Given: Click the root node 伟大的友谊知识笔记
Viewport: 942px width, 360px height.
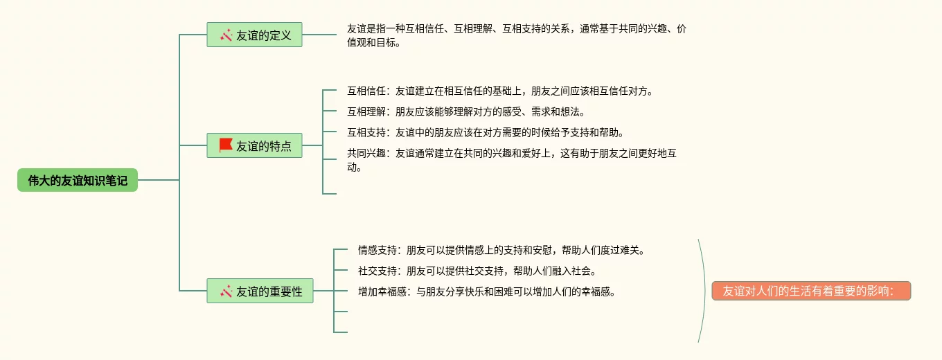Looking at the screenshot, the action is [x=78, y=181].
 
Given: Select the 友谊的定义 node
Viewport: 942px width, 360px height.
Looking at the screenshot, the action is [x=255, y=35].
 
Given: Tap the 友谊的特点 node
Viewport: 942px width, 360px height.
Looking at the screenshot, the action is [x=255, y=145].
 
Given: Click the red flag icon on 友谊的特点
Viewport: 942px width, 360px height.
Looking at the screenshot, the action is [x=226, y=145].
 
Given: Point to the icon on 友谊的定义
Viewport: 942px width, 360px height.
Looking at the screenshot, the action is [x=226, y=35].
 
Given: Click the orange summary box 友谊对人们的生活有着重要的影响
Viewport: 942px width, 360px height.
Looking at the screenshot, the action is [x=811, y=291].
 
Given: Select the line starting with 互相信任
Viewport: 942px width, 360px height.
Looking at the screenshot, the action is [x=499, y=91].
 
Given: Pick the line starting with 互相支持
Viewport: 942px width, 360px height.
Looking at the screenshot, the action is [x=485, y=132].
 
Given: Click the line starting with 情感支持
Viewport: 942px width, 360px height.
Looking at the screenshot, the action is [x=501, y=250].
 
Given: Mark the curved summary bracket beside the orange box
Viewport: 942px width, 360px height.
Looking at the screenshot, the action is [x=704, y=291].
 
